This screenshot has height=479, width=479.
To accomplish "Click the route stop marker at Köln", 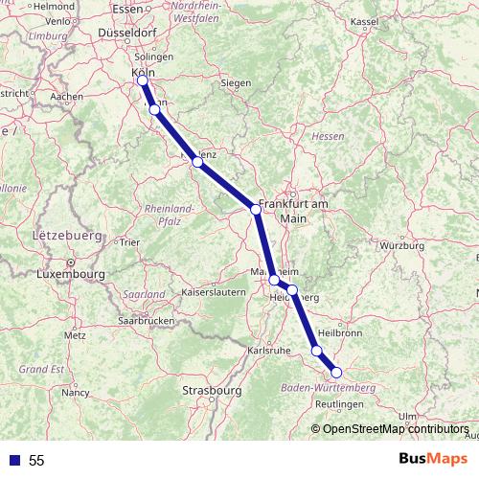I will pyautogui.click(x=143, y=80).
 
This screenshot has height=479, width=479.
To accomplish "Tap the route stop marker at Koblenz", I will pyautogui.click(x=197, y=163).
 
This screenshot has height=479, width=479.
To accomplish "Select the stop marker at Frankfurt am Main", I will pyautogui.click(x=256, y=209).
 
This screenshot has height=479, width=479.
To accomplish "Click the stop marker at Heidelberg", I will pyautogui.click(x=292, y=289).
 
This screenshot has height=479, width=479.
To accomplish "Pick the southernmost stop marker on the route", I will pyautogui.click(x=336, y=373).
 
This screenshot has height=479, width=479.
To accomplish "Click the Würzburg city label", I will pyautogui.click(x=401, y=246).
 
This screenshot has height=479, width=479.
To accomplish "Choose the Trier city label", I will pyautogui.click(x=130, y=242).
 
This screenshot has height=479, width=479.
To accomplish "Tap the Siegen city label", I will pyautogui.click(x=236, y=83).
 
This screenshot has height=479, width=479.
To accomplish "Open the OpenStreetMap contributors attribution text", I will pyautogui.click(x=396, y=429).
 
